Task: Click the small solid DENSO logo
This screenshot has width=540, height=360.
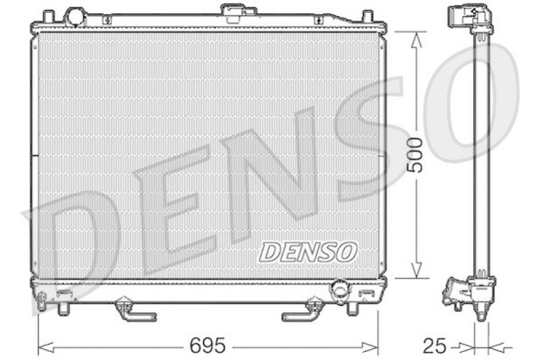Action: [307, 252]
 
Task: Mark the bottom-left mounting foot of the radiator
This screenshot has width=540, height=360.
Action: [63, 307]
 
